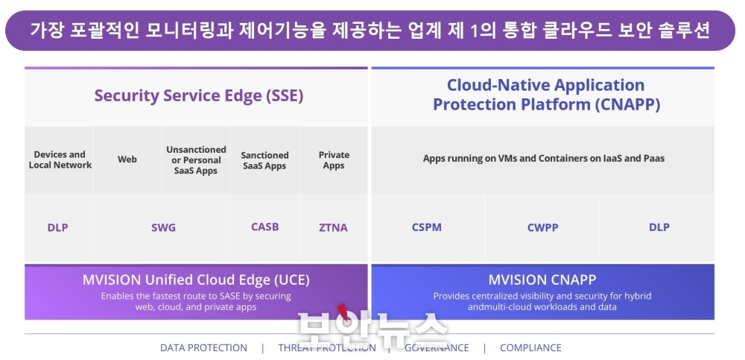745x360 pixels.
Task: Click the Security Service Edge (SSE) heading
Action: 199,96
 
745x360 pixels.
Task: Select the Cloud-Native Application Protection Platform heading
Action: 546,95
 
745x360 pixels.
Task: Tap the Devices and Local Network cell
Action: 60,160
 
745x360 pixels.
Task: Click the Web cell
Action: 127,160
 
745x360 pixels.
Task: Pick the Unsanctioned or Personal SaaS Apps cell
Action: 196,160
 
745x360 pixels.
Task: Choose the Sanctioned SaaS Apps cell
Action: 264,160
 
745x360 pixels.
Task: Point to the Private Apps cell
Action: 334,160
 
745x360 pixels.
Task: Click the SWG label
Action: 163,228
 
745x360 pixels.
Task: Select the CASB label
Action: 265,227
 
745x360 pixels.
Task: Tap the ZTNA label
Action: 333,228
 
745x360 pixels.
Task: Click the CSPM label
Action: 427,227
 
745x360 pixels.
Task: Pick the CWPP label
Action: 542,228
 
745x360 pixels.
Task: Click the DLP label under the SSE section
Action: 57,228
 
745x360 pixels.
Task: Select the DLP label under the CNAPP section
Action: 659,227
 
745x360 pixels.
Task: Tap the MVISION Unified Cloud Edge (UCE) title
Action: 196,280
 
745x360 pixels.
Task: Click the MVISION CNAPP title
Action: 542,280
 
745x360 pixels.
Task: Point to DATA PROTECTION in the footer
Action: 203,347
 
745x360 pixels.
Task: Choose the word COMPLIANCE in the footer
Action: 530,347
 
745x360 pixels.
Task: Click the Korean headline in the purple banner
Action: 370,30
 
